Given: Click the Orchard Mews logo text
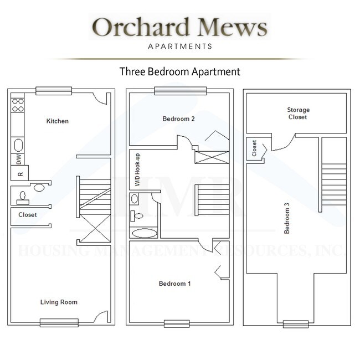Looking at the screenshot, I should pyautogui.click(x=179, y=27).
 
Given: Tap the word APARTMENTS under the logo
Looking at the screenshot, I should pyautogui.click(x=179, y=46).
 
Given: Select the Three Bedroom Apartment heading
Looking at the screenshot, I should pyautogui.click(x=180, y=71).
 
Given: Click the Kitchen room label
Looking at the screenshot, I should pyautogui.click(x=58, y=121).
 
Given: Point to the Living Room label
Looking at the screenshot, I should pyautogui.click(x=59, y=302).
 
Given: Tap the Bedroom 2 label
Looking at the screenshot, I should pyautogui.click(x=178, y=119).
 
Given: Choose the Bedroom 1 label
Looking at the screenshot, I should pyautogui.click(x=174, y=284).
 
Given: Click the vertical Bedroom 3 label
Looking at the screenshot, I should pyautogui.click(x=286, y=218).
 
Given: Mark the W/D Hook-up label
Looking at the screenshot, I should pyautogui.click(x=137, y=169).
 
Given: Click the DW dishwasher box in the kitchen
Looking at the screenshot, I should pyautogui.click(x=18, y=160).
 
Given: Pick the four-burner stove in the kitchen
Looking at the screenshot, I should pyautogui.click(x=18, y=105).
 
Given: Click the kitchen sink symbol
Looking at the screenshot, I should pyautogui.click(x=18, y=146).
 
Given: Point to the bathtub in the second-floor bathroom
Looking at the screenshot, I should pyautogui.click(x=144, y=233).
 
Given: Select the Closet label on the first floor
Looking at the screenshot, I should pyautogui.click(x=28, y=215).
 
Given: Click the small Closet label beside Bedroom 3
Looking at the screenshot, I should pyautogui.click(x=254, y=148).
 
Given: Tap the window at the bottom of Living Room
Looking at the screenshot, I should pyautogui.click(x=59, y=322).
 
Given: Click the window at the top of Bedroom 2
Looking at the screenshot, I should pyautogui.click(x=180, y=91).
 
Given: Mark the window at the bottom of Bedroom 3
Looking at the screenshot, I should pyautogui.click(x=295, y=324).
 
